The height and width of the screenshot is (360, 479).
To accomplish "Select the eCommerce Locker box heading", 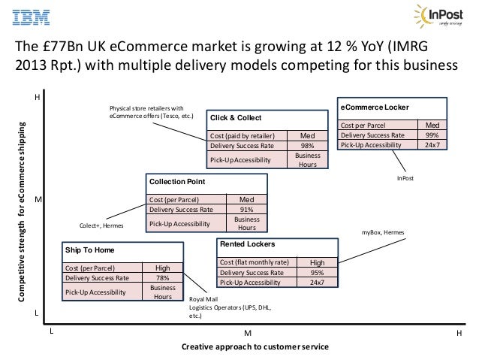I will [x=375, y=107].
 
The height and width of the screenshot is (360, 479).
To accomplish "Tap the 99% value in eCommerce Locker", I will [x=432, y=135].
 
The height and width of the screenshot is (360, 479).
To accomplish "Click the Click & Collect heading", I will [x=236, y=118].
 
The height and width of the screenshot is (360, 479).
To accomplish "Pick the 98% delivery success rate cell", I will [x=308, y=145].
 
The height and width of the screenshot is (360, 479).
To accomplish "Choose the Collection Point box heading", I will [x=176, y=182].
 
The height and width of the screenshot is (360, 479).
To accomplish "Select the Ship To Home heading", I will [x=89, y=250].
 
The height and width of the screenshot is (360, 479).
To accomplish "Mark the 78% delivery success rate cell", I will [x=162, y=277].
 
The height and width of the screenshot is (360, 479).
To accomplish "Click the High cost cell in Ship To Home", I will [x=162, y=268].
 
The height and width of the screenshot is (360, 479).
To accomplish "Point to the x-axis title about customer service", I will [x=255, y=347].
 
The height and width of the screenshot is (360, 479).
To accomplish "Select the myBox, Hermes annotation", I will [x=383, y=234].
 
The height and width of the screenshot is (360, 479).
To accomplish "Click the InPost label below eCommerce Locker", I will [x=405, y=178].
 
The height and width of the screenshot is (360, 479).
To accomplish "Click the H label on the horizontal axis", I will [x=459, y=331].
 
